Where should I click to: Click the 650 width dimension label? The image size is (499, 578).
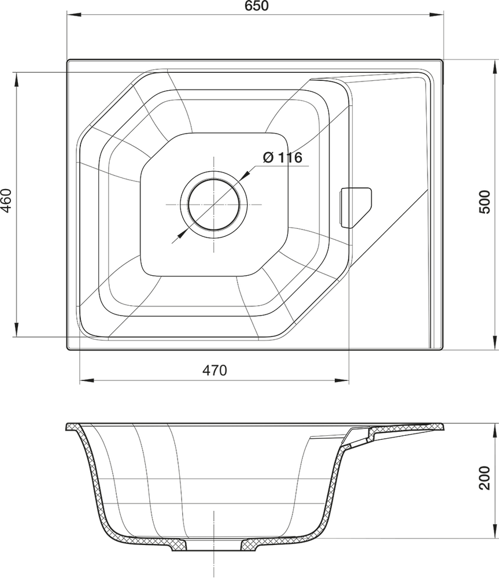click(x=257, y=6)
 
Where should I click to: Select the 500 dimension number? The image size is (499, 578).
click(x=485, y=202)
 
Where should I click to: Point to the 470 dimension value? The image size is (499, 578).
click(x=215, y=370)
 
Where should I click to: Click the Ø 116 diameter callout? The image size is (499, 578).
click(x=283, y=157)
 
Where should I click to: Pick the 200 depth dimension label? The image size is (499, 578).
click(x=485, y=477)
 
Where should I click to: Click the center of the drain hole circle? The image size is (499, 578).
click(x=214, y=205)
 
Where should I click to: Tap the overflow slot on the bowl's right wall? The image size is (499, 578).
click(x=355, y=208)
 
